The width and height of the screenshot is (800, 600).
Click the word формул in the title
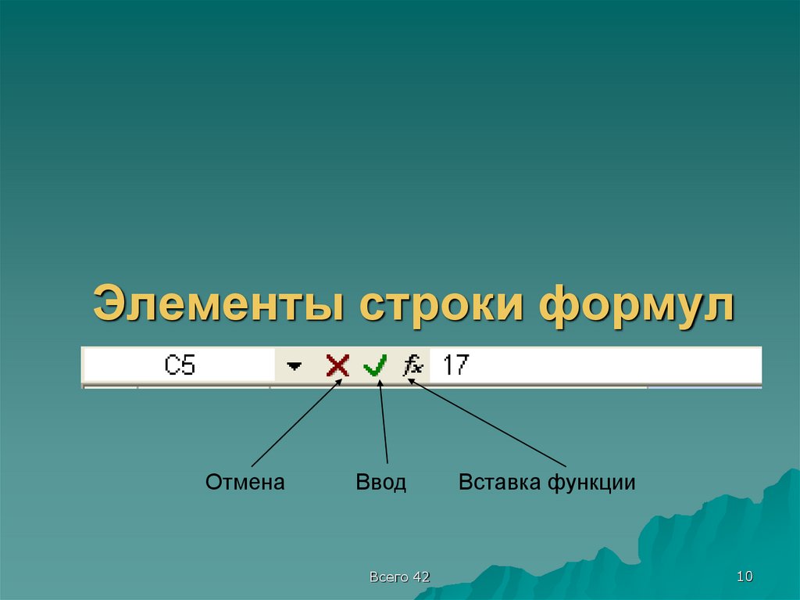[637, 305]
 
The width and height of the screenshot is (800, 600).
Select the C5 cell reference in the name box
[180, 365]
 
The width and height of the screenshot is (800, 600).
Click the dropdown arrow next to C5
[294, 366]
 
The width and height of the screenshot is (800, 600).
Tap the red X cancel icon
[337, 365]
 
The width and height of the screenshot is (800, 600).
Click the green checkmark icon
[375, 365]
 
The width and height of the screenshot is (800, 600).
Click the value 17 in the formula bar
[455, 365]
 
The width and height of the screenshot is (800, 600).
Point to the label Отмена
[245, 483]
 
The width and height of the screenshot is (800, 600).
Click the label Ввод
[381, 483]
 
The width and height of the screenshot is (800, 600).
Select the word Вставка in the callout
[499, 483]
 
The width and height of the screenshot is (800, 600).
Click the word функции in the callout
[591, 483]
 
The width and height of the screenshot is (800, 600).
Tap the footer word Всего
[389, 577]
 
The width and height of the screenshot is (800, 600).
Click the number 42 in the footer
[422, 577]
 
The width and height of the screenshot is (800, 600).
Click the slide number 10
[744, 577]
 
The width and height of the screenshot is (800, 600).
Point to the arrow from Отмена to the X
[295, 423]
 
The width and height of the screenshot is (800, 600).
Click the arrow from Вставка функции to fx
[488, 423]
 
